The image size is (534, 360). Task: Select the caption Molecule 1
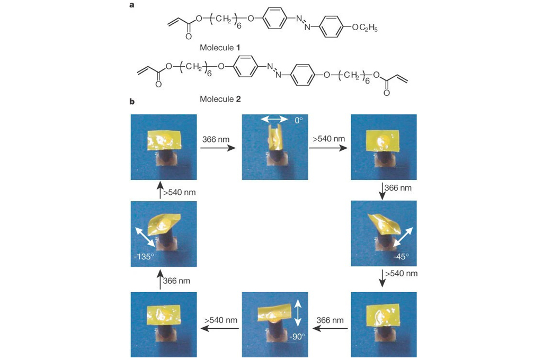[220, 48]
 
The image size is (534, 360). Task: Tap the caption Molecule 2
[220, 98]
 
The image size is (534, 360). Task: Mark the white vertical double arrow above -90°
[298, 313]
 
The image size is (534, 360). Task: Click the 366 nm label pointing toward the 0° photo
[216, 140]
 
